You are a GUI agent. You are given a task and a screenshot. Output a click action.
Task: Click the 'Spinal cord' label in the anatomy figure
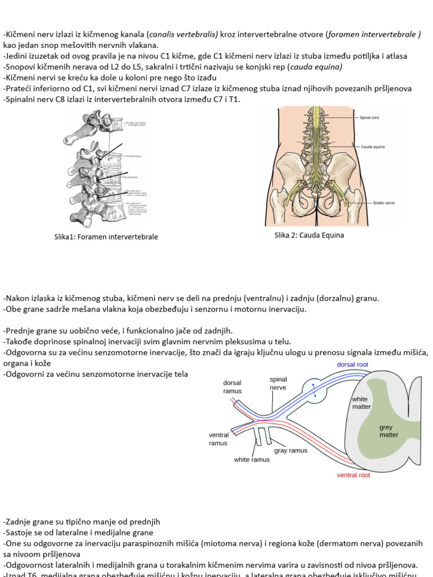(369, 118)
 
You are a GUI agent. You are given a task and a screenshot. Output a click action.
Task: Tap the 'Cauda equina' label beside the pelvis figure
(373, 147)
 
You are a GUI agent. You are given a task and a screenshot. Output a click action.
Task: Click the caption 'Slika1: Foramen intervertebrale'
(106, 237)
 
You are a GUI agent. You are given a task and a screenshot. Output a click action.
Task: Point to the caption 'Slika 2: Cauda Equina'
(309, 236)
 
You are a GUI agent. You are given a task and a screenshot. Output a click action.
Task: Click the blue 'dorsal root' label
(352, 365)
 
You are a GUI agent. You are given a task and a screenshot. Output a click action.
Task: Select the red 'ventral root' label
(354, 475)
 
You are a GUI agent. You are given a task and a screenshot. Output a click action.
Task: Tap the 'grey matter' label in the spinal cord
(388, 431)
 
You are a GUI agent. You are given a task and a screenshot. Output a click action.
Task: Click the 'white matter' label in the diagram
(361, 402)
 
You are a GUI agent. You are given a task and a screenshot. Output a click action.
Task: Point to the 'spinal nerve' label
(278, 384)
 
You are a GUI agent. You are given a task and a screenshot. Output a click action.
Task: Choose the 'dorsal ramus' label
(232, 387)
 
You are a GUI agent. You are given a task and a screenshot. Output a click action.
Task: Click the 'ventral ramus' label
(218, 439)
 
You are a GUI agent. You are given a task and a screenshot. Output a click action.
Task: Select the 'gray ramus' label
(291, 451)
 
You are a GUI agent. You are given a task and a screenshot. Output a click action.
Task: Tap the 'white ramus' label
(251, 460)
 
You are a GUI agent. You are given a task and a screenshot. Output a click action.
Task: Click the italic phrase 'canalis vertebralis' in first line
(184, 34)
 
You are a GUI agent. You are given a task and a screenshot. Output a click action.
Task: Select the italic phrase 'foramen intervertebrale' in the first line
(372, 34)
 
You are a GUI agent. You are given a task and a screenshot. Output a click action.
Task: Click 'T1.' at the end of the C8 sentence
(233, 99)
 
